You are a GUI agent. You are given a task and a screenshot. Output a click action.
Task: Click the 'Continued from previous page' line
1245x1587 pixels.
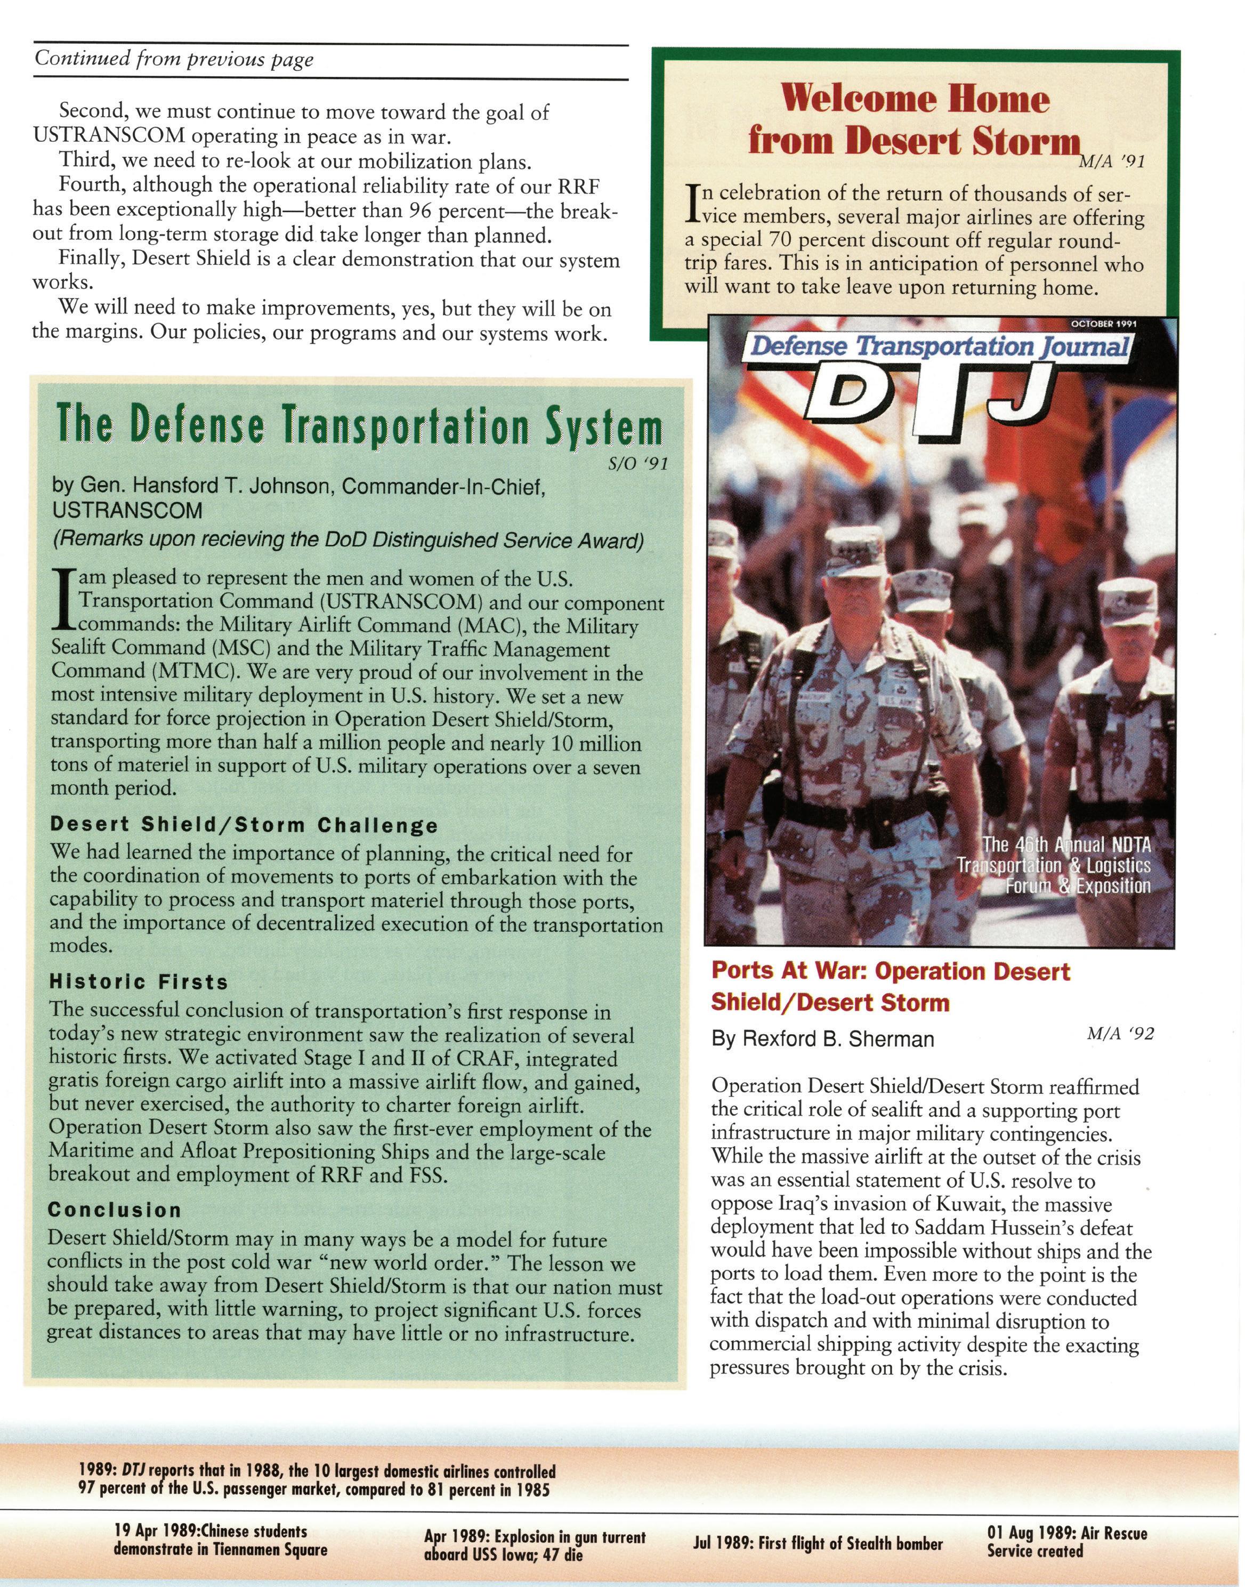pos(174,60)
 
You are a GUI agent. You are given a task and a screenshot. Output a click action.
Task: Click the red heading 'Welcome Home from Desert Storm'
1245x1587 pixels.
pos(914,120)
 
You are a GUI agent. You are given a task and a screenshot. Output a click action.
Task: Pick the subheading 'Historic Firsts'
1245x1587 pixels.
pos(139,982)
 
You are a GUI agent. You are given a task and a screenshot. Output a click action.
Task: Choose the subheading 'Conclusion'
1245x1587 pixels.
pos(115,1210)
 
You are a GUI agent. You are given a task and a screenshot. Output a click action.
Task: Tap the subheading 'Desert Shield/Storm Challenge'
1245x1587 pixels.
pos(244,825)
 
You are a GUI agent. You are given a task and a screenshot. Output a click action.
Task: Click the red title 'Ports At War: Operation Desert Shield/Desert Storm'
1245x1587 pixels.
pos(890,987)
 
